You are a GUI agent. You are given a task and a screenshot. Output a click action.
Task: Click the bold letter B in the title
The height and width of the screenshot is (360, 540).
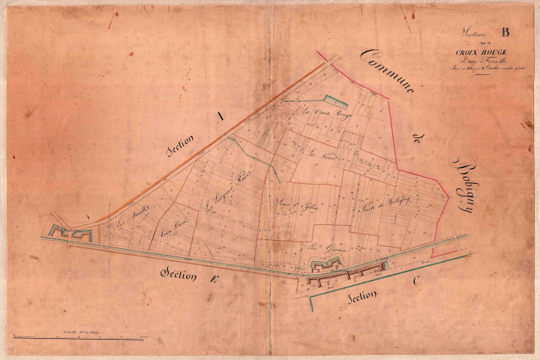504,31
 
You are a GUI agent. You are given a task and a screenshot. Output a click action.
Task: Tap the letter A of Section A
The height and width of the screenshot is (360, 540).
219,116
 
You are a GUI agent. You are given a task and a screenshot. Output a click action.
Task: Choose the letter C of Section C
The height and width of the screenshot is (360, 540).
416,283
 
